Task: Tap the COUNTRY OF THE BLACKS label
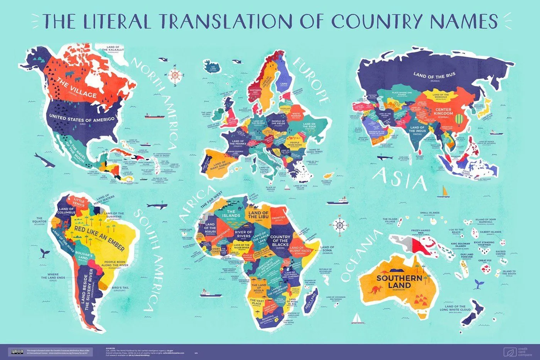click(280, 241)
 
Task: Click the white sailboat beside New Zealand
click(359, 318)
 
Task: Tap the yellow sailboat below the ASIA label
click(445, 192)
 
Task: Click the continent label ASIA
click(401, 179)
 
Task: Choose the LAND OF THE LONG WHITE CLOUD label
click(455, 308)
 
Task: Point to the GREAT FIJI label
click(485, 261)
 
